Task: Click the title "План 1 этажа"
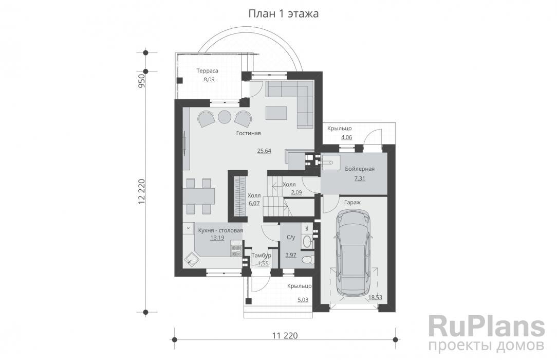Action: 284,14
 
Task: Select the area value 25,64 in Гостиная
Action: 264,151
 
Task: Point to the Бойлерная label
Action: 360,169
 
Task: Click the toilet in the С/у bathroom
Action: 307,260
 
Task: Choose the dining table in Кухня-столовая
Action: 199,196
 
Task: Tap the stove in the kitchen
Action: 236,251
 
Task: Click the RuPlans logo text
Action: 486,327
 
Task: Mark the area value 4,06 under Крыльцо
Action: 346,137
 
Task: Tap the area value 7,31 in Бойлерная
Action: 359,178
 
